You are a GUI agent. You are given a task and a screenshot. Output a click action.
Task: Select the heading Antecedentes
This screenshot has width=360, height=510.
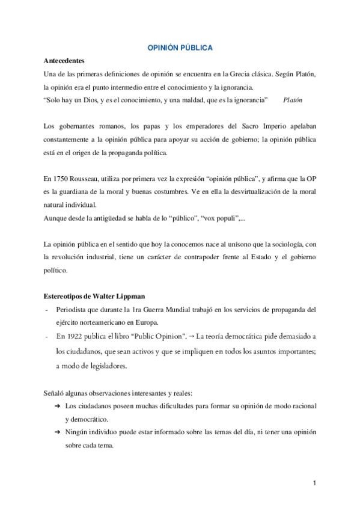pyautogui.click(x=64, y=61)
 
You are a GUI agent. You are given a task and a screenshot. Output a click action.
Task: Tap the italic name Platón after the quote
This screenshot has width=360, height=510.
pyautogui.click(x=293, y=99)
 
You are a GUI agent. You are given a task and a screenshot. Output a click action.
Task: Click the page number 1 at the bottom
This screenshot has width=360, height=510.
pyautogui.click(x=314, y=483)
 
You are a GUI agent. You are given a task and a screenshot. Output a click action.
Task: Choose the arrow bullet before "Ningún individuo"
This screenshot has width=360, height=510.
pyautogui.click(x=58, y=432)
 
